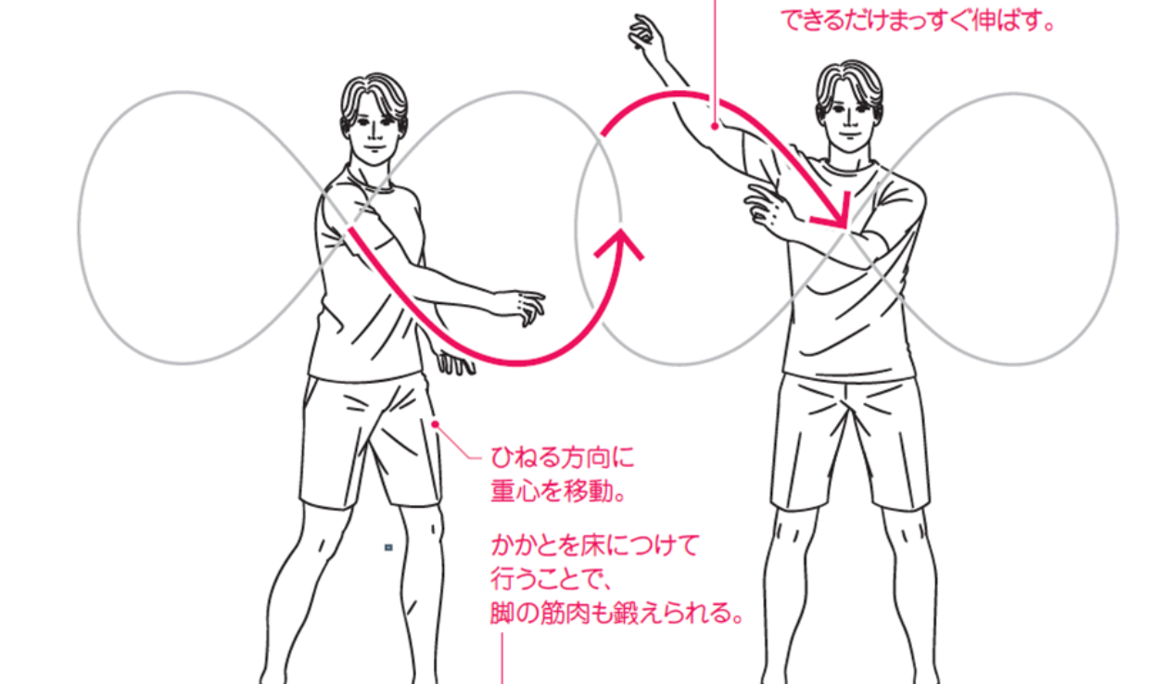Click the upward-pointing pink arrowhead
tap(620, 243)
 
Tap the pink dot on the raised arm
tap(715, 126)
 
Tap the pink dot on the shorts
tap(435, 424)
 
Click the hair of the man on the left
tap(374, 98)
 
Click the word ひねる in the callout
tap(526, 458)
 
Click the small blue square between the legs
tap(388, 548)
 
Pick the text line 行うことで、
tap(551, 579)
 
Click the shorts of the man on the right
tap(851, 443)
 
